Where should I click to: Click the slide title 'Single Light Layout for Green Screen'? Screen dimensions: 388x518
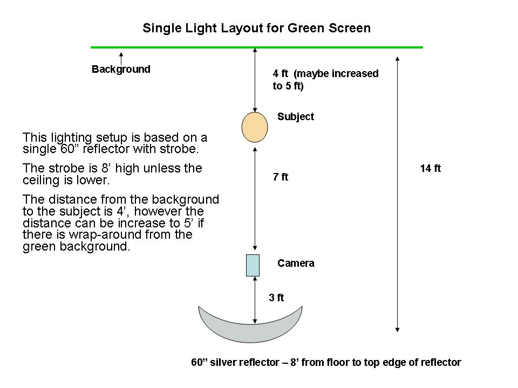click(256, 28)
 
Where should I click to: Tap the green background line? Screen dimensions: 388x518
click(256, 47)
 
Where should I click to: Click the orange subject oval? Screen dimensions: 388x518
click(255, 127)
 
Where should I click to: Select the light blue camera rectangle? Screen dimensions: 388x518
click(253, 265)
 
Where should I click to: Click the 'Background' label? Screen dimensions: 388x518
click(121, 70)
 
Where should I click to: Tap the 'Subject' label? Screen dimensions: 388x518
click(295, 117)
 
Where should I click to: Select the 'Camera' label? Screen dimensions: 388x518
click(296, 264)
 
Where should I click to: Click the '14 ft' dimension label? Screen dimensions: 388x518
click(430, 169)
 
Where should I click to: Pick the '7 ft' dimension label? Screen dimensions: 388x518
click(281, 177)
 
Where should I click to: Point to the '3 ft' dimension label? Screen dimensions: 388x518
click(276, 297)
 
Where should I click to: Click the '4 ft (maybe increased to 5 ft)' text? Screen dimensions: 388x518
click(325, 79)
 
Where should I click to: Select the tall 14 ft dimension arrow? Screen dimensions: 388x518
click(397, 194)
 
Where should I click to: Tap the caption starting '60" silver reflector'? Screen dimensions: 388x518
click(326, 362)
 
